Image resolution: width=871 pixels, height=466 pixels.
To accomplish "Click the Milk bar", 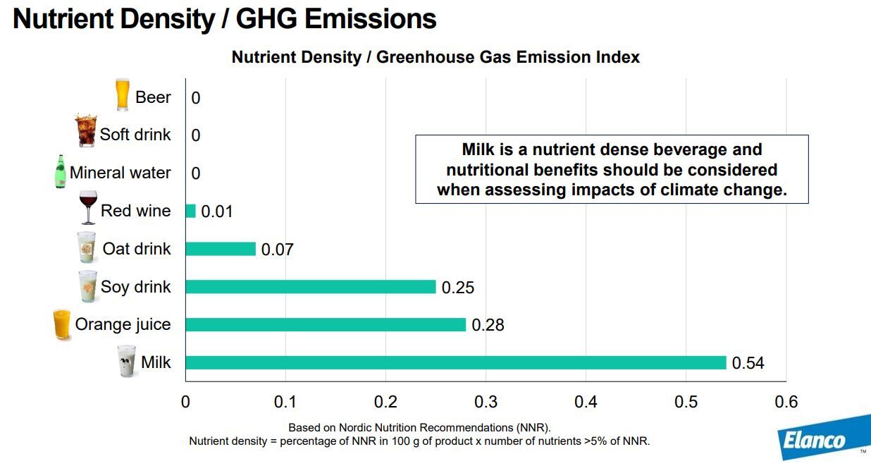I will point(455,362).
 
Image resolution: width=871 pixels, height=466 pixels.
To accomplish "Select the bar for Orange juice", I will point(326,324).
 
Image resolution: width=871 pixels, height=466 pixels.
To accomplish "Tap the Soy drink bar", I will point(311,287).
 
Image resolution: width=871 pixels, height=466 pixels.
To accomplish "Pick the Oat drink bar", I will point(221,249).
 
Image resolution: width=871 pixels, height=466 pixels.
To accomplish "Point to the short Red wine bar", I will point(190,211).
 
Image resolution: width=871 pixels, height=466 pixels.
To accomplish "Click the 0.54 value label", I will point(748,363).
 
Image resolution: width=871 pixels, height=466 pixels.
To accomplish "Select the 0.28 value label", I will point(488,325).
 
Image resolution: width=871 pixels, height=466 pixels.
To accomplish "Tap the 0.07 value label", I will point(277,250).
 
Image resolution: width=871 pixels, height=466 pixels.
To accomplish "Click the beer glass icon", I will point(123,94).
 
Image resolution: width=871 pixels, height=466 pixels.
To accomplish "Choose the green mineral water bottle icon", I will point(61,171).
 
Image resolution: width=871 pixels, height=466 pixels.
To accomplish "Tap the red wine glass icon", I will point(89,207).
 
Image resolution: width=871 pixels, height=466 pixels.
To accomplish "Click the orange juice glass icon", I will point(62,324).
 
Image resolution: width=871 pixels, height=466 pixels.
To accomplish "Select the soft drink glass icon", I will point(86,131).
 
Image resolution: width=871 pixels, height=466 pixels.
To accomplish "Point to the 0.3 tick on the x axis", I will point(486,402).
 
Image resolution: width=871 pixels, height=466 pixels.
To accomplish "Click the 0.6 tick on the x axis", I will point(786,402).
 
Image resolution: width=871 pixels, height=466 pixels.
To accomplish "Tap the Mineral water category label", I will point(120,173).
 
